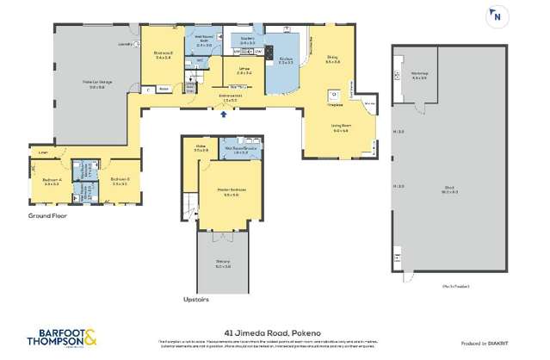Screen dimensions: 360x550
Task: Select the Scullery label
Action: pyautogui.click(x=248, y=39)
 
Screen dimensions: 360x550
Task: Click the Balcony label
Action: pyautogui.click(x=223, y=264)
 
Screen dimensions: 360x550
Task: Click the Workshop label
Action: pyautogui.click(x=420, y=76)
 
